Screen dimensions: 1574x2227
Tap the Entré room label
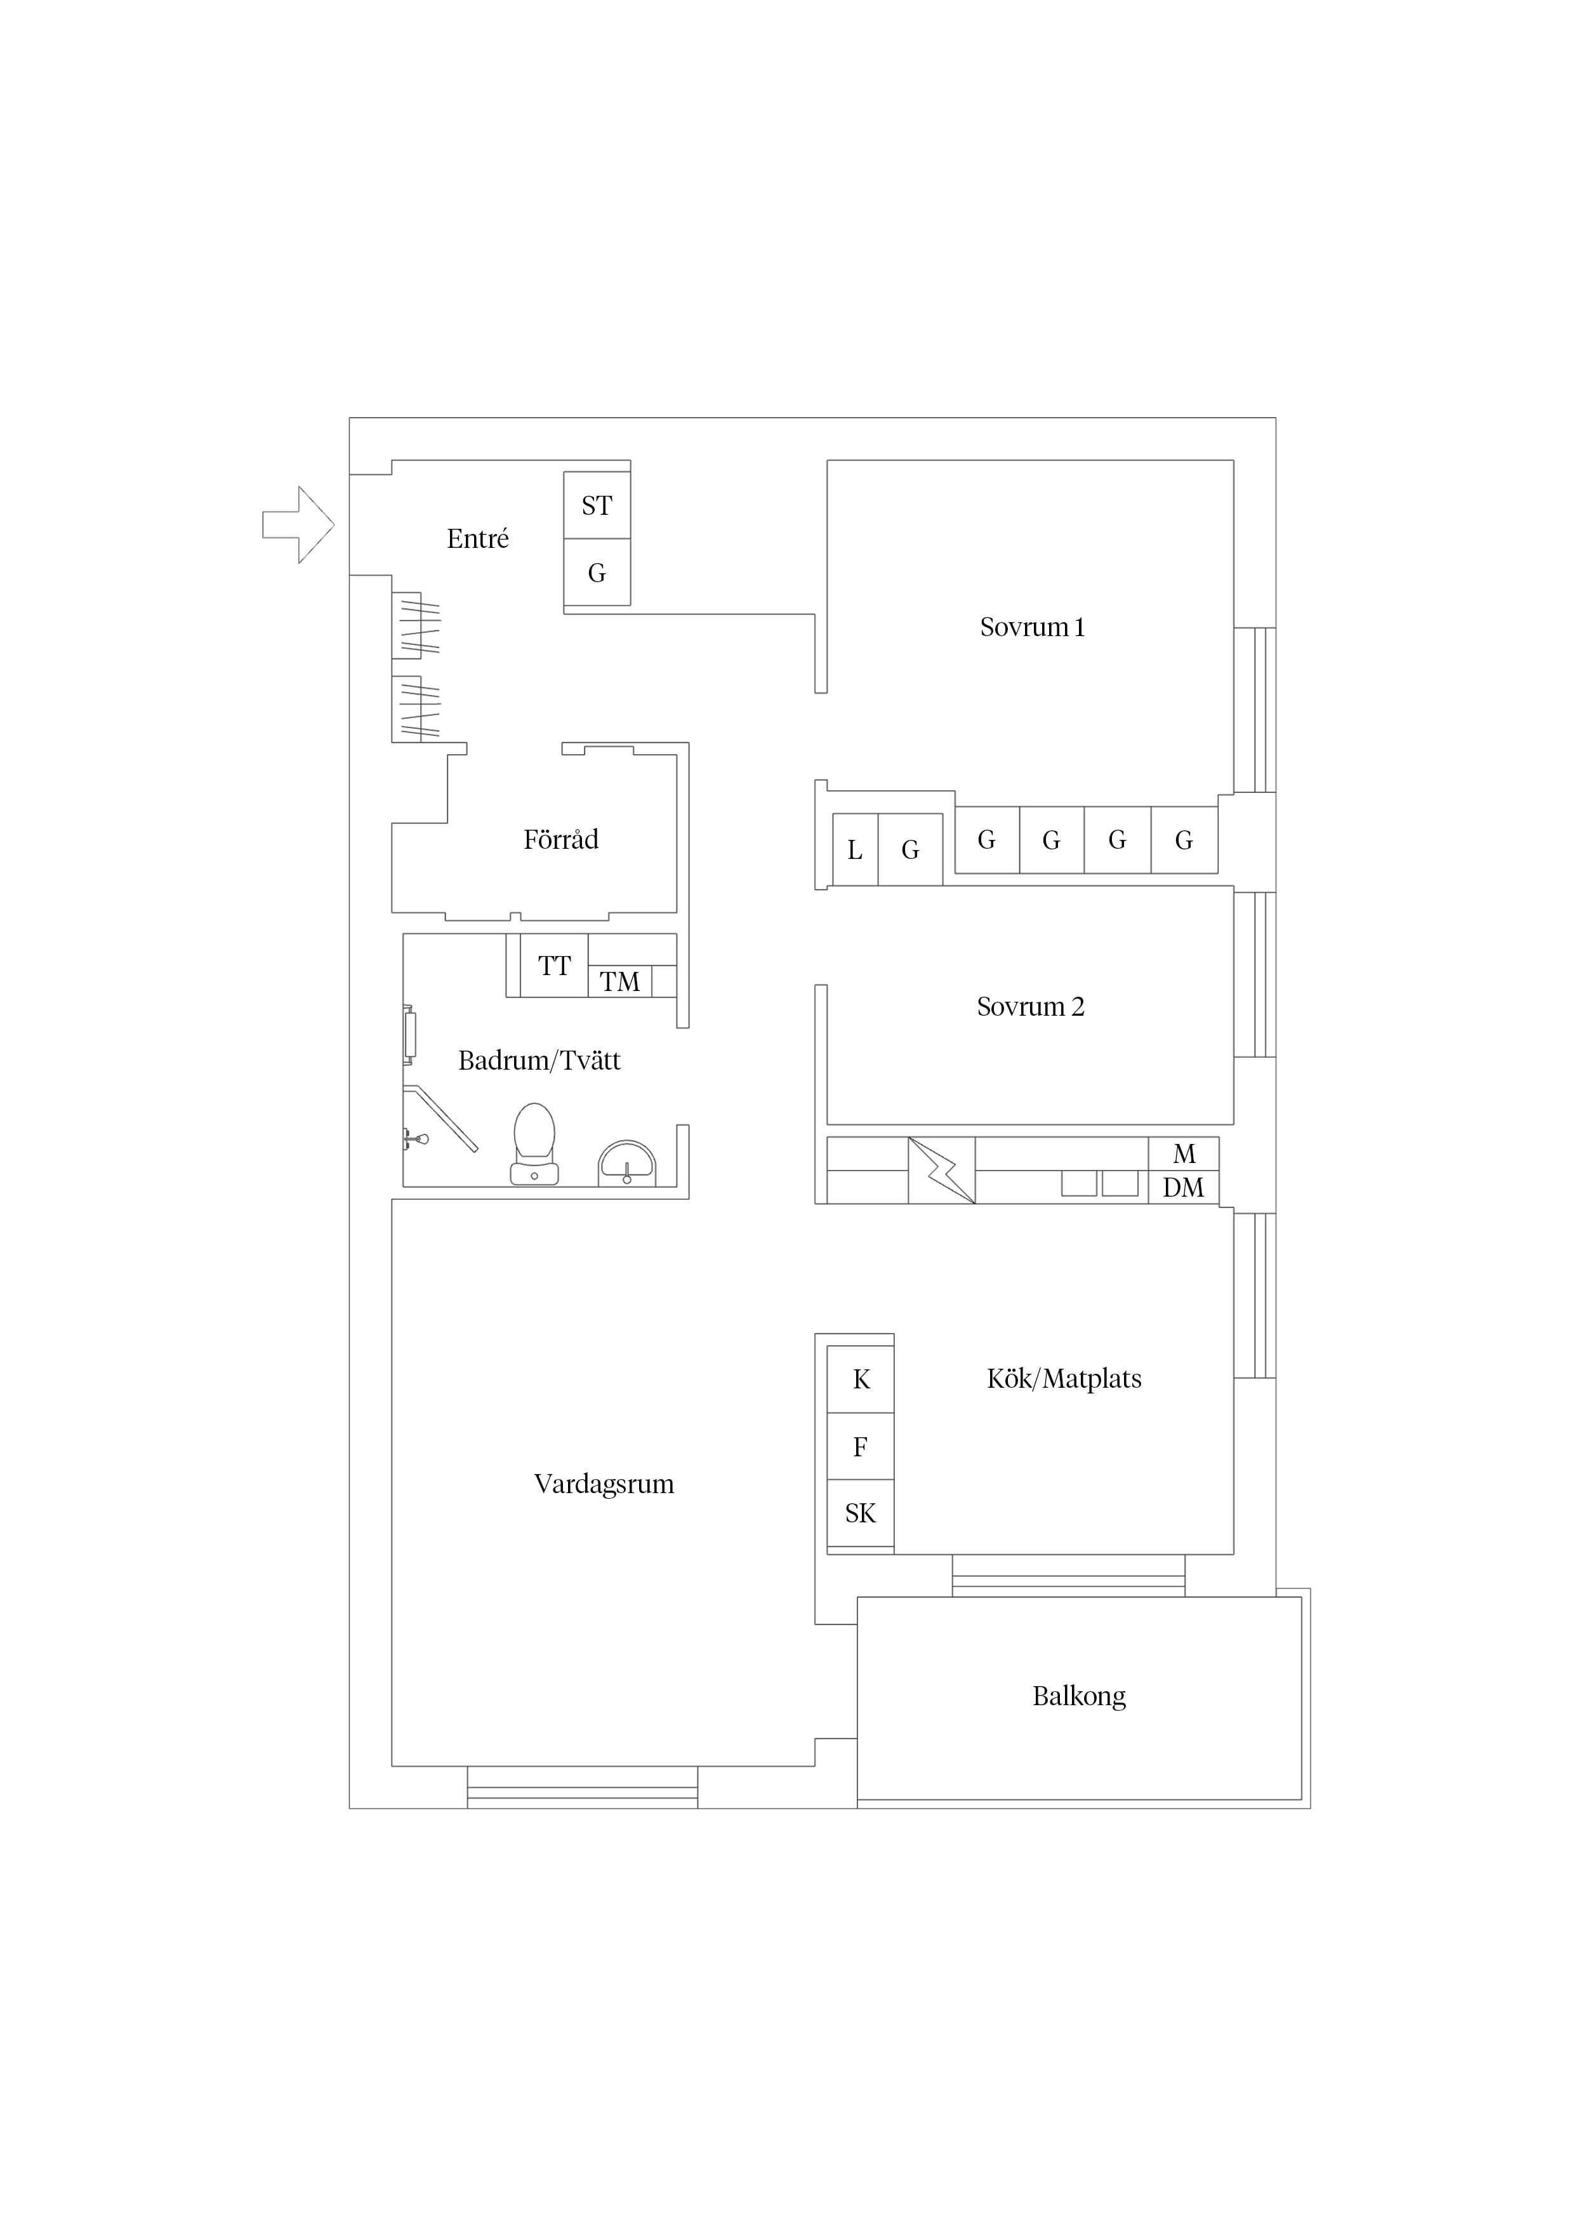[x=477, y=538]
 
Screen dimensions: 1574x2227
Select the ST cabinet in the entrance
[x=597, y=505]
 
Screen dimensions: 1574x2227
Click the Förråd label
[x=560, y=839]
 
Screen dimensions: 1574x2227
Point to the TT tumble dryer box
[x=554, y=966]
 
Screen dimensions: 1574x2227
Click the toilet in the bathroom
[x=534, y=1143]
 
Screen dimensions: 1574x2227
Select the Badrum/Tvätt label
[x=539, y=1060]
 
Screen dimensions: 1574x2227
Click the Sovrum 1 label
[x=1032, y=628]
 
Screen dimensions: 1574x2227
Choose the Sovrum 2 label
[x=1030, y=1007]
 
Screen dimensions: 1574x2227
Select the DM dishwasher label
[x=1183, y=1187]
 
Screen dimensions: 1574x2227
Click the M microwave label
[x=1184, y=1153]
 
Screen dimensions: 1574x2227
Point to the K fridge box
[x=860, y=1379]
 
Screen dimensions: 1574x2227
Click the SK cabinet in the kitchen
[x=860, y=1513]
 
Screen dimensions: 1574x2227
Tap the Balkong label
[x=1080, y=1696]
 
